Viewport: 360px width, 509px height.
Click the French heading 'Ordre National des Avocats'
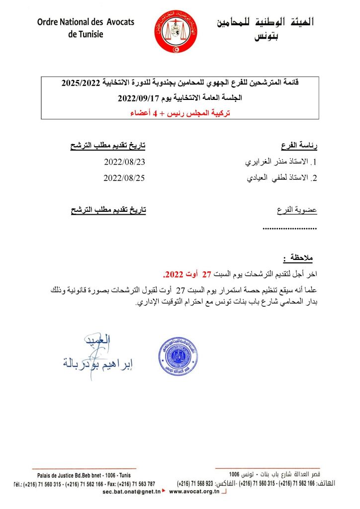[86, 22]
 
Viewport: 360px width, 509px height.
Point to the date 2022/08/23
[124, 162]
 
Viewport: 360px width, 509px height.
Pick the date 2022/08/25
[124, 178]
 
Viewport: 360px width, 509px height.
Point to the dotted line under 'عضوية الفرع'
[289, 229]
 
